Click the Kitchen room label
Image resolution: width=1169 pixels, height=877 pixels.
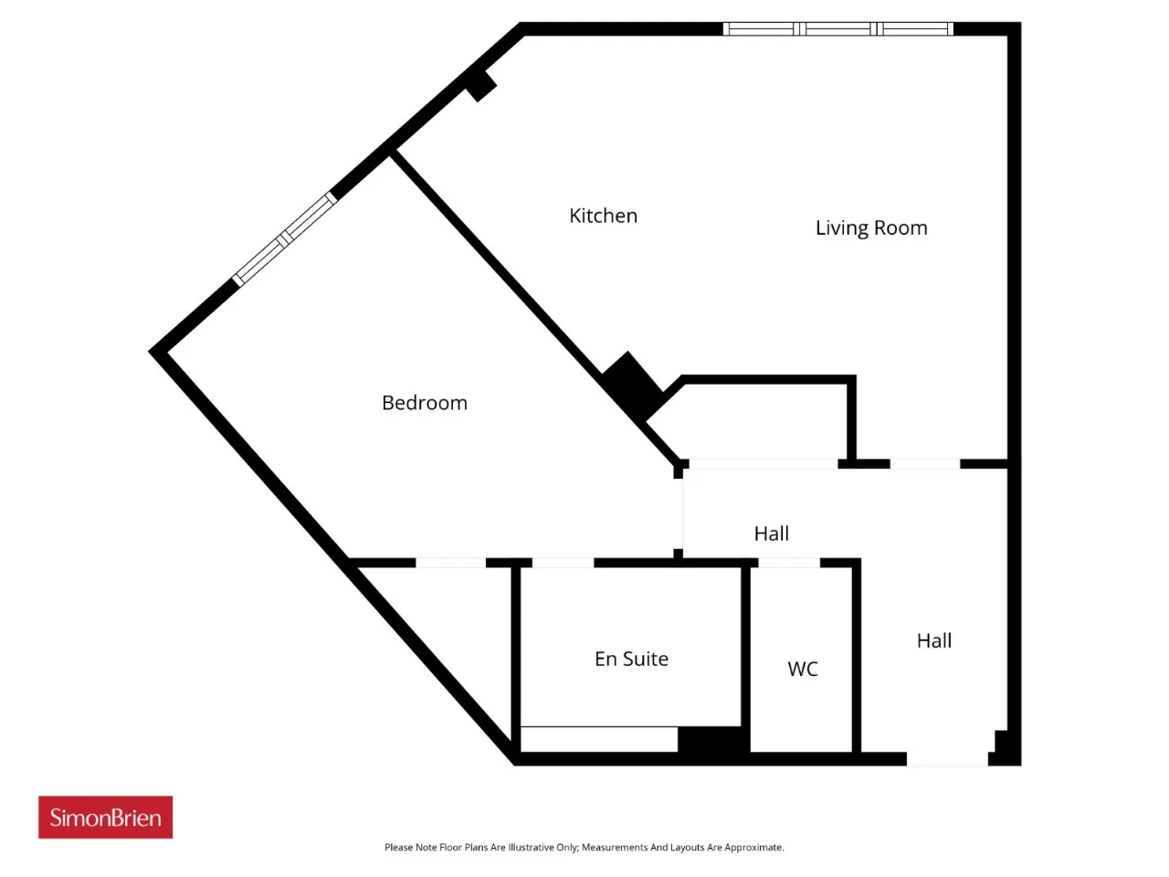tap(603, 216)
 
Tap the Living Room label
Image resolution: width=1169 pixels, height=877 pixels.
tap(871, 227)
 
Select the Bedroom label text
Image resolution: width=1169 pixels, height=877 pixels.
tap(425, 403)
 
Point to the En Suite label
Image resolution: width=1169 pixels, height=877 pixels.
tap(631, 659)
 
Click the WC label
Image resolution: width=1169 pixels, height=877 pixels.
tap(802, 669)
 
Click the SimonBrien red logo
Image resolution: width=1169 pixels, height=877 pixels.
tap(105, 817)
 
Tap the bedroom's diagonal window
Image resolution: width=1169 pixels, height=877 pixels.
tap(284, 238)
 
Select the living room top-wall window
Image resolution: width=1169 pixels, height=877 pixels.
tap(837, 28)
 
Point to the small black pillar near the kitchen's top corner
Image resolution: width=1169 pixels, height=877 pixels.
tap(481, 85)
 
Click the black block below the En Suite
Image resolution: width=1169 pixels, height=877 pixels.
tap(713, 739)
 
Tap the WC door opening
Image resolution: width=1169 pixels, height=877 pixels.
tap(789, 563)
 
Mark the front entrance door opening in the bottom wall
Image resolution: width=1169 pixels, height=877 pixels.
tap(947, 759)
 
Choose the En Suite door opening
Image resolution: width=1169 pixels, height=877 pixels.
tap(563, 563)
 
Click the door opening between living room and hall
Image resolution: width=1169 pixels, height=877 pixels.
tap(924, 464)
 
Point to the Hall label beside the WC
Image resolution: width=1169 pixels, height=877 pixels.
tap(934, 640)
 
